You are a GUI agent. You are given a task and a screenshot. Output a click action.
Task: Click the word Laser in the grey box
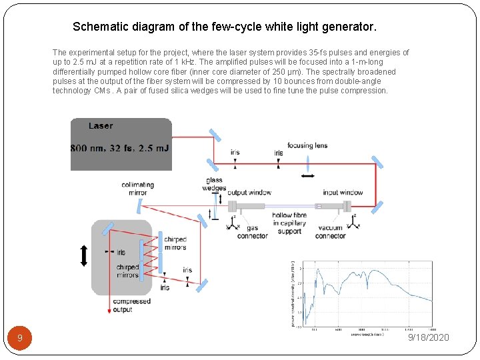[x=101, y=125]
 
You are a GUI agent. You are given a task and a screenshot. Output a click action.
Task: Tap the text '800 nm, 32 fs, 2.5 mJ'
[x=120, y=147]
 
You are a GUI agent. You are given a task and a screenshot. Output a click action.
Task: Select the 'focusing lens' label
[x=307, y=146]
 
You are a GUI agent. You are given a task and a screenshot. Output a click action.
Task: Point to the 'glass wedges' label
[x=215, y=184]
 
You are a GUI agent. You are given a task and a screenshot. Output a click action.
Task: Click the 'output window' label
[x=249, y=193]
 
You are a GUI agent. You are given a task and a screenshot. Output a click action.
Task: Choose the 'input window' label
[x=343, y=193]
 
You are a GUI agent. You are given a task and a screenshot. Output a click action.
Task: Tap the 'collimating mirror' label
[x=137, y=189]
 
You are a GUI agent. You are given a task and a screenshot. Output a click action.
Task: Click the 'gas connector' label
[x=252, y=232]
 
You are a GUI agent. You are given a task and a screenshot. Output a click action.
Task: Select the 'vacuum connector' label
[x=330, y=232]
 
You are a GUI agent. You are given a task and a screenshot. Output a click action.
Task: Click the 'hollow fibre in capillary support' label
[x=289, y=223]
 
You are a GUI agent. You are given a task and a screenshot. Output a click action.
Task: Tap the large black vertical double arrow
[x=84, y=256]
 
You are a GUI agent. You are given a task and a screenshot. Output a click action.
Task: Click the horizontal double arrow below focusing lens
[x=308, y=175]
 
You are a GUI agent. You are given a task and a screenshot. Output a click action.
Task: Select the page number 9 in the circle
[x=20, y=339]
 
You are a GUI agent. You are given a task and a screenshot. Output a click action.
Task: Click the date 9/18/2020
[x=429, y=337]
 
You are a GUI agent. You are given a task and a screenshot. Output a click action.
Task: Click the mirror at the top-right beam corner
[x=377, y=161]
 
